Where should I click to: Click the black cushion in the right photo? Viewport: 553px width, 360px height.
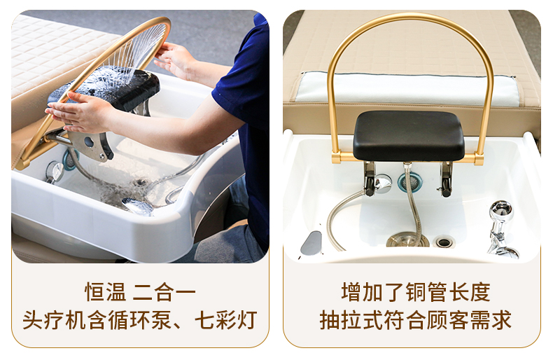click(x=409, y=136)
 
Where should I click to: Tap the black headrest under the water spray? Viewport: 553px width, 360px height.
click(x=106, y=88)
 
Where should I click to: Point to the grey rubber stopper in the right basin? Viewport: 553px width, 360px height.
click(x=311, y=243)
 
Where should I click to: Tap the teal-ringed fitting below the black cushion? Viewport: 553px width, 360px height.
click(x=409, y=182)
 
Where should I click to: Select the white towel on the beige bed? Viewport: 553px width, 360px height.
click(x=405, y=89)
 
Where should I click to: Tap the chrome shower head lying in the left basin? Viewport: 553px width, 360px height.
click(x=137, y=207)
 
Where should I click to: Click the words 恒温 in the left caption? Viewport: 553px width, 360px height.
click(x=105, y=292)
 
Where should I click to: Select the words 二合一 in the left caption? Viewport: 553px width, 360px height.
click(x=164, y=292)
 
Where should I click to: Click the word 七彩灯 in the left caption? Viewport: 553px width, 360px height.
click(x=225, y=320)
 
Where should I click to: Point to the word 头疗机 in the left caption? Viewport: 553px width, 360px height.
click(x=54, y=320)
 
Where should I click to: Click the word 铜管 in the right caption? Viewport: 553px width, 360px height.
click(x=426, y=292)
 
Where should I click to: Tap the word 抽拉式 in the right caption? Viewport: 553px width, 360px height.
click(x=351, y=320)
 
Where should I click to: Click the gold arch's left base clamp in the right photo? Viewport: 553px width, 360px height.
click(x=336, y=157)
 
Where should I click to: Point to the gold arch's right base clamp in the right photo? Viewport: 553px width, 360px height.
click(x=479, y=158)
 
